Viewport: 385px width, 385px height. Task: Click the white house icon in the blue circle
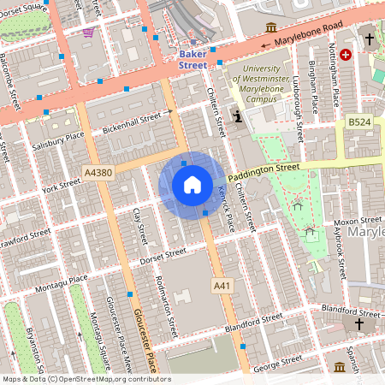click(x=192, y=185)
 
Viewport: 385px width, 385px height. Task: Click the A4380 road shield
click(x=98, y=173)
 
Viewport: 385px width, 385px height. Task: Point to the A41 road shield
click(x=222, y=284)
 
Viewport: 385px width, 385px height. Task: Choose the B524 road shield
click(x=360, y=124)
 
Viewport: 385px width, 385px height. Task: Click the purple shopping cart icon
click(x=89, y=33)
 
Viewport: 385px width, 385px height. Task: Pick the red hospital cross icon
click(x=346, y=54)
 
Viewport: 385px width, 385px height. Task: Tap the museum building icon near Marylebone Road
click(x=271, y=27)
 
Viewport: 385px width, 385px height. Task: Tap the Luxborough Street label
click(x=297, y=112)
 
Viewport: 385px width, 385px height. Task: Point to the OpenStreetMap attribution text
click(x=86, y=379)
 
